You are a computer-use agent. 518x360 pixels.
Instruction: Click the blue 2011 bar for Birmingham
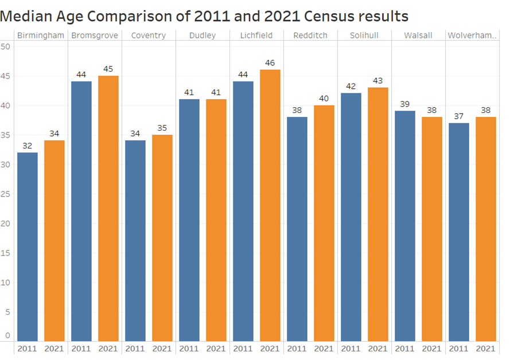coord(28,246)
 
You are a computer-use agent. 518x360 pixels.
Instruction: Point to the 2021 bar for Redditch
coord(324,223)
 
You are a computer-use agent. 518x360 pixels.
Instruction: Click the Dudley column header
coord(202,36)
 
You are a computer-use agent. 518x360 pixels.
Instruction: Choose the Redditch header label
coord(310,36)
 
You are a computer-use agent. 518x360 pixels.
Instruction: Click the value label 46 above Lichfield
coord(270,62)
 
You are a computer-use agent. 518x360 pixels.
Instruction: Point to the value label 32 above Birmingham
coord(28,146)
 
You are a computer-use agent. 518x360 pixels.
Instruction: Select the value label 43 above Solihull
coord(378,80)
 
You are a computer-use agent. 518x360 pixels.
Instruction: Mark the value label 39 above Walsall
coord(405,104)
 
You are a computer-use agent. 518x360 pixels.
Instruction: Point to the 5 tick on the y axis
coord(7,312)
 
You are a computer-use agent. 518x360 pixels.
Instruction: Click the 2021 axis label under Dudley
coord(216,349)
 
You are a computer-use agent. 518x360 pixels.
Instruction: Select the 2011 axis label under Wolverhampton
coord(458,349)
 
